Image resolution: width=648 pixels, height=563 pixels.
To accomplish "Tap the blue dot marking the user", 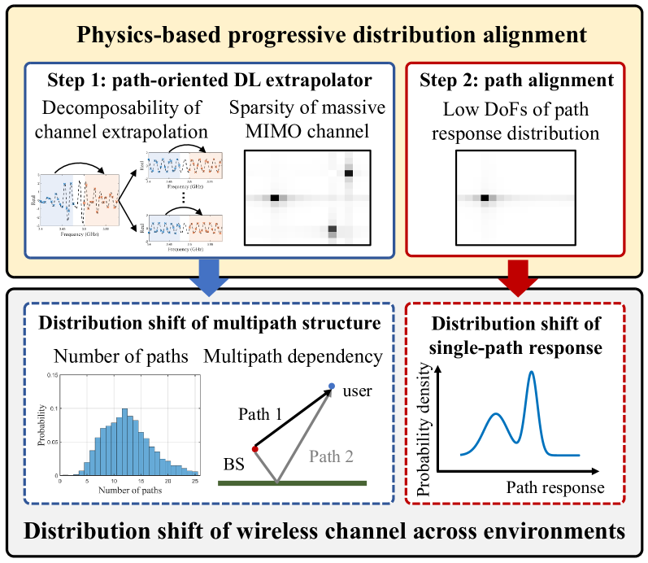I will click(x=331, y=385).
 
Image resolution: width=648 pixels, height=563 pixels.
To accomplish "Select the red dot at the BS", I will click(x=254, y=448).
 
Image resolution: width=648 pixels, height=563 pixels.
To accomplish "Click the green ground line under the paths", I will click(x=293, y=483).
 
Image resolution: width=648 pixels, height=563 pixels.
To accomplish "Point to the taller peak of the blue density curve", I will click(x=532, y=373).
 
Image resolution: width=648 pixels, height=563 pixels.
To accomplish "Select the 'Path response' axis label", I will click(x=554, y=487).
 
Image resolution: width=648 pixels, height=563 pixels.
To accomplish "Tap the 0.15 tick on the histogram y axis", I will click(x=51, y=375).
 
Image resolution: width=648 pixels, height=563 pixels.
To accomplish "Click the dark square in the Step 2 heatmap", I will click(x=485, y=198).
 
